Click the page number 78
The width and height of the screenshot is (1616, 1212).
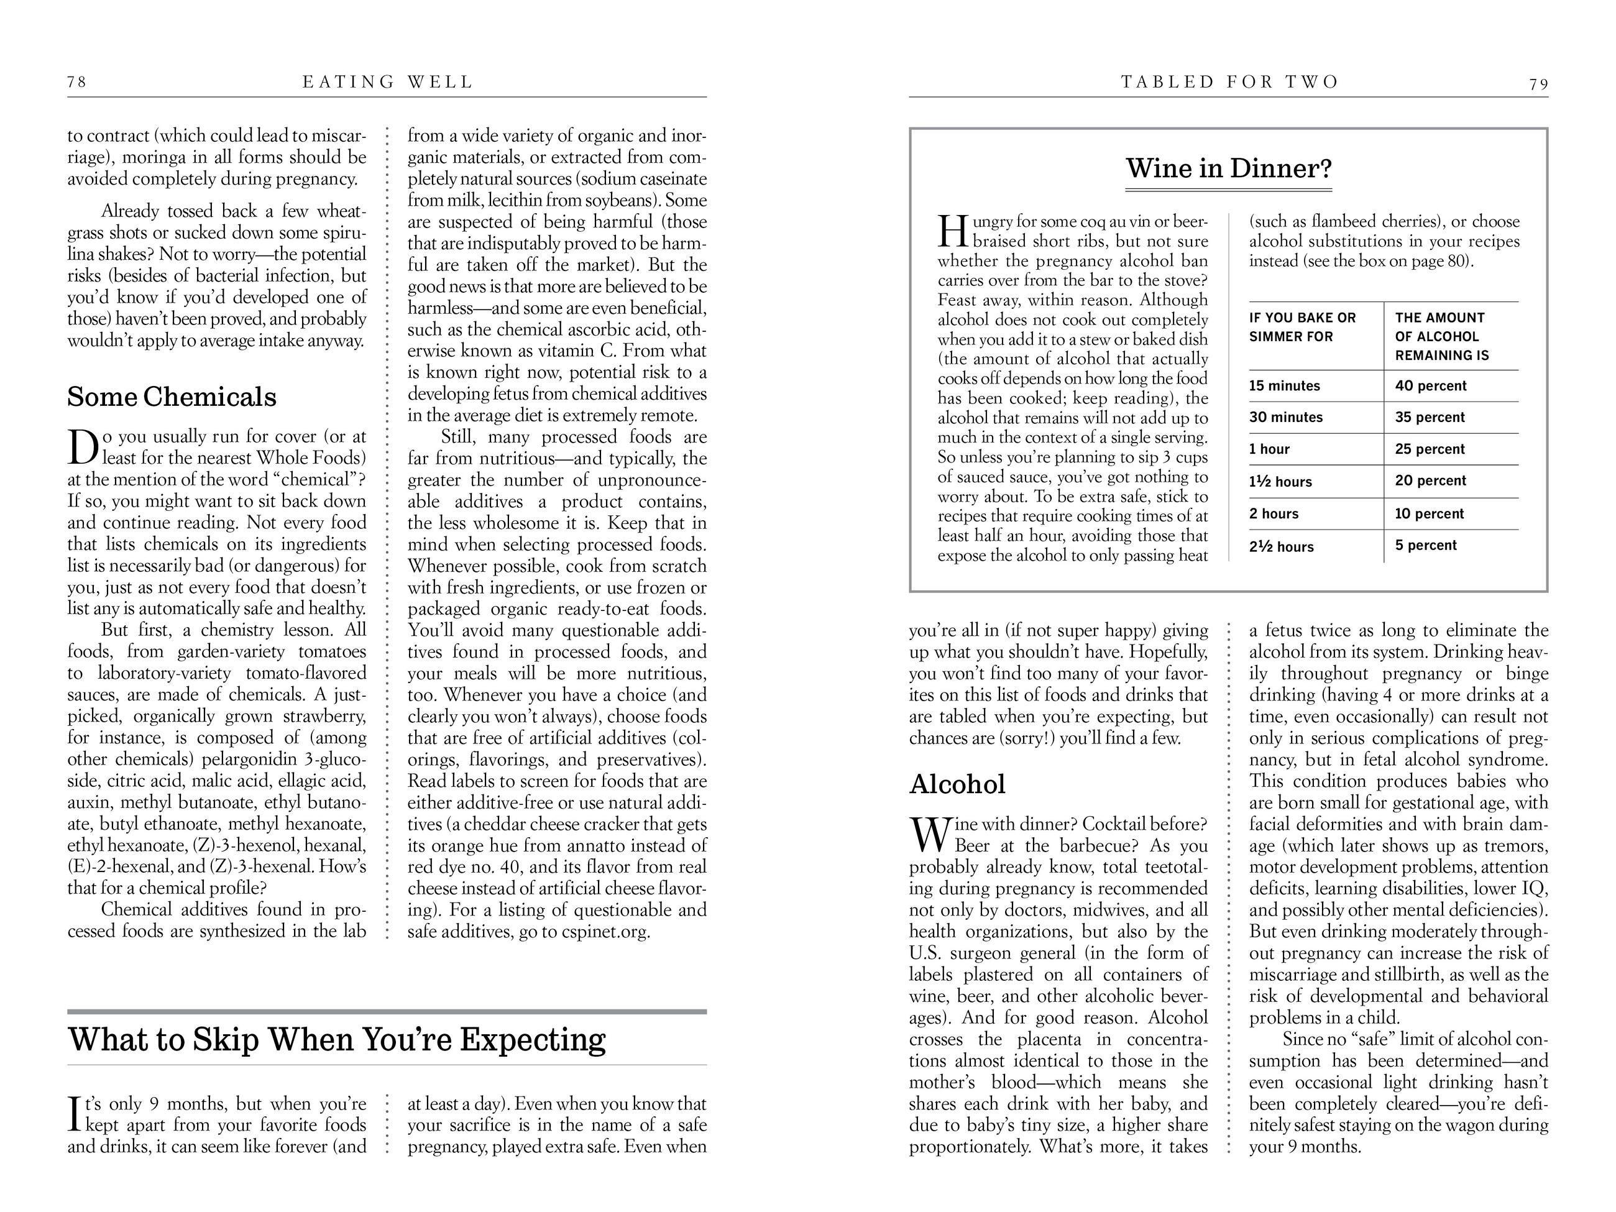pos(76,82)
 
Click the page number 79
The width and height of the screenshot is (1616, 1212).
pos(1538,85)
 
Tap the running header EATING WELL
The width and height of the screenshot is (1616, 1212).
pos(388,82)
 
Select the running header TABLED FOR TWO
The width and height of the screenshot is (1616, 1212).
pos(1229,82)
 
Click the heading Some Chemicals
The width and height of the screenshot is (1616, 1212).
pos(172,397)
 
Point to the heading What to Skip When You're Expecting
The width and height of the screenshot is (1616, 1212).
pos(337,1039)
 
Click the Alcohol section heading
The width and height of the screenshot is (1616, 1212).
pos(957,784)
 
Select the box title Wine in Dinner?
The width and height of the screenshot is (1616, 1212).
pos(1229,168)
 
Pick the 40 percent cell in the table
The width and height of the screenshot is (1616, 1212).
pos(1430,386)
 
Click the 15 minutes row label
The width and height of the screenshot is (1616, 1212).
pos(1283,386)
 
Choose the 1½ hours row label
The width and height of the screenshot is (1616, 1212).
pos(1280,482)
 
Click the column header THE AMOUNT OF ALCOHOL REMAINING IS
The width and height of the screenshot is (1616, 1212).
pos(1441,336)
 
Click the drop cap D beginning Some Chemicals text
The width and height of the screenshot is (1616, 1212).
pos(83,447)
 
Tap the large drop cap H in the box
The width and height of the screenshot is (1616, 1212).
pos(953,232)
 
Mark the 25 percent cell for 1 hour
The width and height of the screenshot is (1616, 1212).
pos(1429,449)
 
